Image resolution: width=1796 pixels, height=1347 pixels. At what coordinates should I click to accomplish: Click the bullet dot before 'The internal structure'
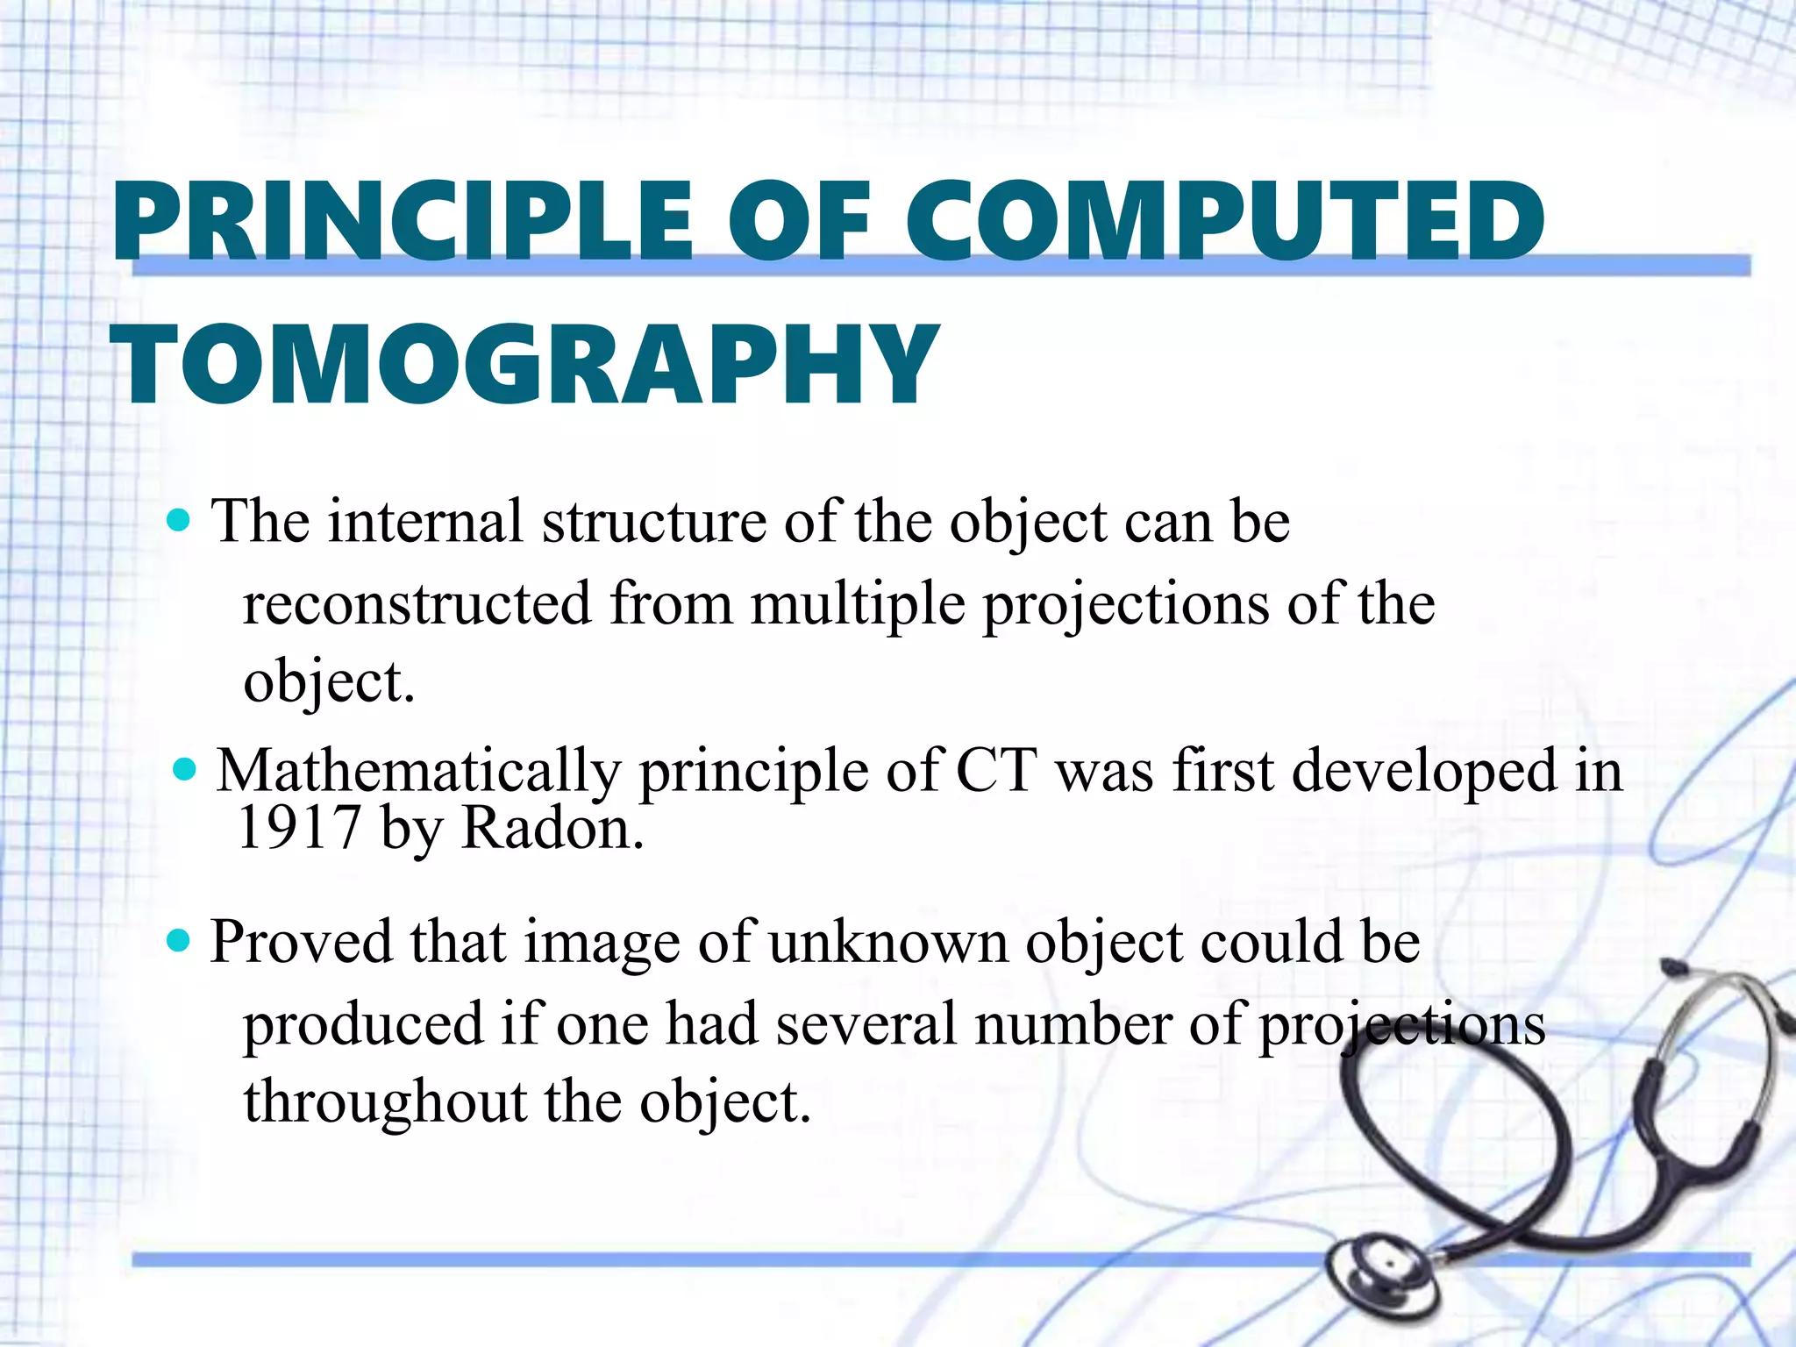(x=179, y=522)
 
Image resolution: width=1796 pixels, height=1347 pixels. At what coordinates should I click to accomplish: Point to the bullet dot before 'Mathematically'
(x=185, y=771)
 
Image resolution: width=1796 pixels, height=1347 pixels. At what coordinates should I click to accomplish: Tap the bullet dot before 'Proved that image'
(x=179, y=942)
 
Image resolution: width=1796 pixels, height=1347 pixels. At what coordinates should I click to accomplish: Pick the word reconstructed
(x=417, y=604)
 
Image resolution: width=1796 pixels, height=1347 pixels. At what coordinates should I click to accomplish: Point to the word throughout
(x=384, y=1101)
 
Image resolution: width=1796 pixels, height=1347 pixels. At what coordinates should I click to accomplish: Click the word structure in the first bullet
(x=654, y=522)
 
